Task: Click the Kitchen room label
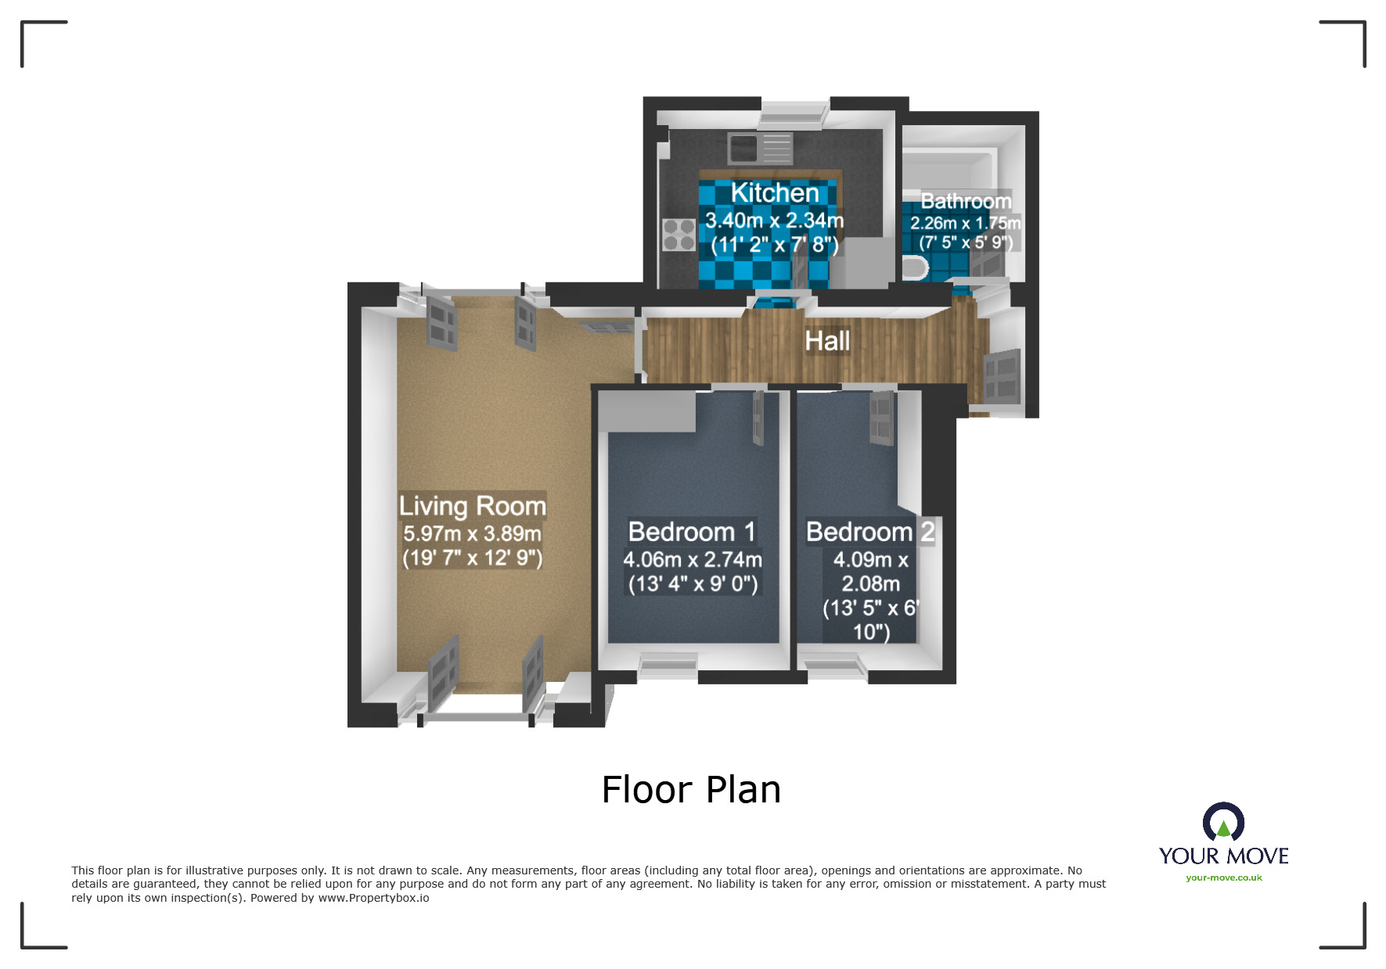[774, 193]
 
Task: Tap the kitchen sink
[759, 147]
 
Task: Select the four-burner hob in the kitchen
[679, 235]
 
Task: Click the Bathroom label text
[966, 201]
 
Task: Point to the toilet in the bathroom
[915, 268]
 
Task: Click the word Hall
[827, 341]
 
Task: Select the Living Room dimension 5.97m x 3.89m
[472, 533]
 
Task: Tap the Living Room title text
[472, 506]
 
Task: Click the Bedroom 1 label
[692, 532]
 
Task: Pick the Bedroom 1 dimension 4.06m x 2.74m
[692, 560]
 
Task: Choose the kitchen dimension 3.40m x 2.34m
[774, 221]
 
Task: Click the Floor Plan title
[691, 790]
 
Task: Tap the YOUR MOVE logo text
[1223, 856]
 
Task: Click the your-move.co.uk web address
[1223, 877]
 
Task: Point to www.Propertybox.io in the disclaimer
[373, 898]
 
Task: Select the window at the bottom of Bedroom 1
[668, 666]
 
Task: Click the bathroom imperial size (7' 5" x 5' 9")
[966, 242]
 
